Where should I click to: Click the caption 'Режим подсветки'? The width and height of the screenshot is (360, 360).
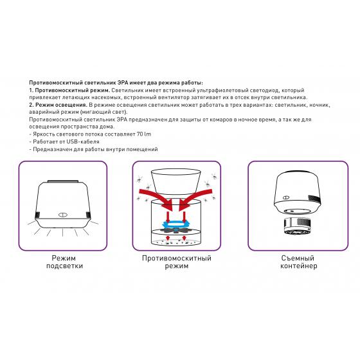[x=64, y=262]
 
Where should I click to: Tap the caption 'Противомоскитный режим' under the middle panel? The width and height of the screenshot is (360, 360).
[x=177, y=262]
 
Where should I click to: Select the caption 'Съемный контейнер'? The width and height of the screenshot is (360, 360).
[x=298, y=262]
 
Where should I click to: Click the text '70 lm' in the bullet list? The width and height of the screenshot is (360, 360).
[x=144, y=134]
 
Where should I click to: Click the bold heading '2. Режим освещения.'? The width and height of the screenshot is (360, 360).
[x=58, y=105]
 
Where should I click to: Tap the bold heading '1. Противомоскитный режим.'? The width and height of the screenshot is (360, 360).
[x=69, y=90]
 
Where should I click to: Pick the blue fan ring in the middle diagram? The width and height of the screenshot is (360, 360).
[x=177, y=223]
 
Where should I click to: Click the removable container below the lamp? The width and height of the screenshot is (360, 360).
[x=297, y=226]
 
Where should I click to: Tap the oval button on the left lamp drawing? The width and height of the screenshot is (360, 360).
[x=62, y=215]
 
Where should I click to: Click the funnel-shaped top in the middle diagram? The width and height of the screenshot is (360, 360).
[x=176, y=181]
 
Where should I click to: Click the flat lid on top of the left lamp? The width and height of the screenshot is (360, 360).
[x=63, y=181]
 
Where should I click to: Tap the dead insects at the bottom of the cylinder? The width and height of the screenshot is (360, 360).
[x=176, y=241]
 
